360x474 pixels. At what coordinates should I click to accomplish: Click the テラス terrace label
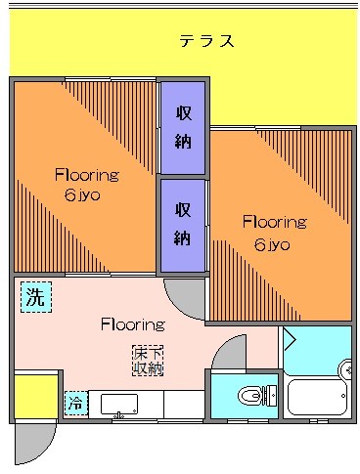pos(205,41)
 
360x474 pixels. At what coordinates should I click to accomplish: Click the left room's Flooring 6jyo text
pos(86,185)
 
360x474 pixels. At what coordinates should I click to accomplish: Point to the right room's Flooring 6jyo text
pos(274,232)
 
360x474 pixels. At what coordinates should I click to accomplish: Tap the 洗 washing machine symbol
pos(35,298)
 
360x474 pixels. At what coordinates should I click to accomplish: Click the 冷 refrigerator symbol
pos(74,403)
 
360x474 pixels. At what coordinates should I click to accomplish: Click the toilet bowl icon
pos(253,396)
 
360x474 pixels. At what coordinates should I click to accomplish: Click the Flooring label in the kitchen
pos(132,323)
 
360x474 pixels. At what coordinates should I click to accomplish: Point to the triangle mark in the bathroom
pos(291,339)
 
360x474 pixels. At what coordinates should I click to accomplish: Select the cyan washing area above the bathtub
pos(318,350)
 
